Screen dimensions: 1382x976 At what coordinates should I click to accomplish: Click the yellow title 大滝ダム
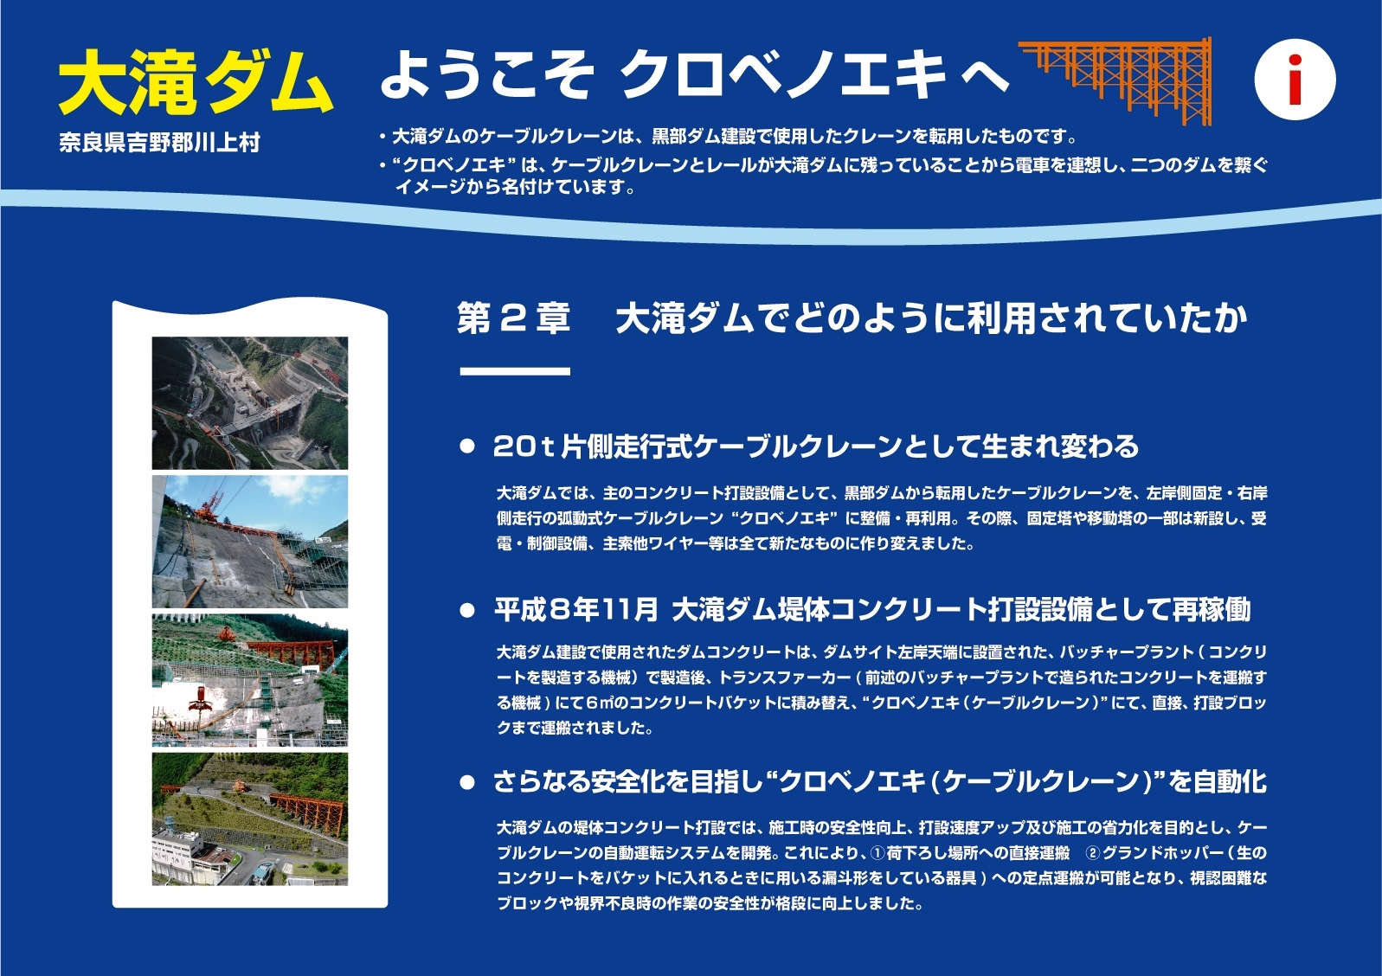tap(196, 82)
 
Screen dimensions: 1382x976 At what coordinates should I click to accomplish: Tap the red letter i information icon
tap(1295, 80)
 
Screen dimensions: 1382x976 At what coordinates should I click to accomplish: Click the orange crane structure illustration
tap(1115, 80)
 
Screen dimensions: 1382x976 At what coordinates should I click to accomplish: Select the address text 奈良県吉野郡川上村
tap(160, 143)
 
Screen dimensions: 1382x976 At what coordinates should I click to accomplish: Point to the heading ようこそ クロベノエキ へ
tap(695, 74)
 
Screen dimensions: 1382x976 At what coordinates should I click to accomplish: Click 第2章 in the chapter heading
tap(513, 318)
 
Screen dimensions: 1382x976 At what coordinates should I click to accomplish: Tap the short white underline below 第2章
tap(515, 371)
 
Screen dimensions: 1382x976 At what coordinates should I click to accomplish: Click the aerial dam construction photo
tap(250, 403)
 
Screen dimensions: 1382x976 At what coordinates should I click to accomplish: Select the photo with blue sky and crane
tap(250, 541)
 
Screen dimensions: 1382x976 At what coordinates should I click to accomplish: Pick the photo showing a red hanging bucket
tap(250, 680)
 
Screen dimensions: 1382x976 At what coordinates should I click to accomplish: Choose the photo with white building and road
tap(250, 819)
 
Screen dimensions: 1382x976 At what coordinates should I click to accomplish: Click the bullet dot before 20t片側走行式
tap(467, 446)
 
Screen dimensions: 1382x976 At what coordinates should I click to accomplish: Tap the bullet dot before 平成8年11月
tap(467, 610)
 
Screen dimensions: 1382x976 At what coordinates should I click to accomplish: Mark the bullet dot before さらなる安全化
tap(467, 782)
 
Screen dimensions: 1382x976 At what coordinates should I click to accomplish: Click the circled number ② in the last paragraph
tap(1093, 852)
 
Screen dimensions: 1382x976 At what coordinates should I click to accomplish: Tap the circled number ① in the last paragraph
tap(877, 852)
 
